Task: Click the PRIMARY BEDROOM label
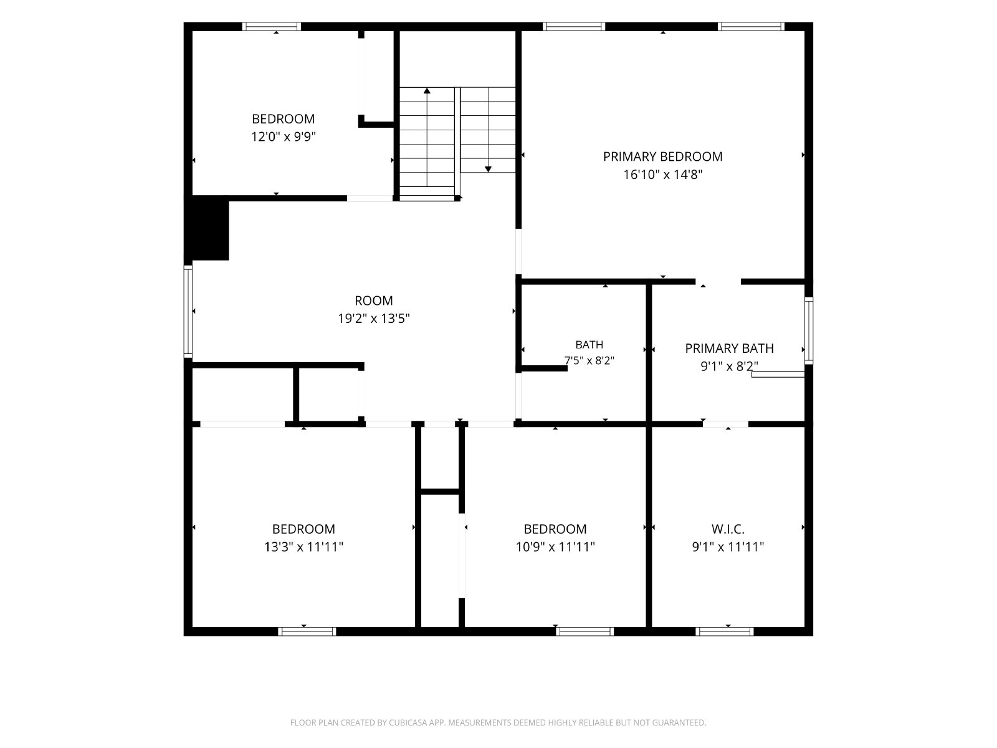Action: coord(663,156)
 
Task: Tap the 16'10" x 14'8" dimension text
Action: coord(663,175)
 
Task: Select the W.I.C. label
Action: coord(728,529)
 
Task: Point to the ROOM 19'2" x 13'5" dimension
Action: coord(374,319)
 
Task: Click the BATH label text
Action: coord(589,345)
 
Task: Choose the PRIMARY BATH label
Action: coord(729,348)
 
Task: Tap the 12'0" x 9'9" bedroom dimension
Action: coord(284,137)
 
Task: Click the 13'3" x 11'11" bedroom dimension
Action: coord(303,547)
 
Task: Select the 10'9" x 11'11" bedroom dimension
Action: coord(555,547)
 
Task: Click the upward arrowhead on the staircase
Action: coord(426,91)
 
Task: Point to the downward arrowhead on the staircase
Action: coord(488,169)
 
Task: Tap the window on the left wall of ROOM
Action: coord(188,311)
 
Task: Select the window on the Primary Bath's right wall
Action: coord(808,330)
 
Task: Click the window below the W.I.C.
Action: coord(724,631)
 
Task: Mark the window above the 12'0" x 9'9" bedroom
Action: coord(271,26)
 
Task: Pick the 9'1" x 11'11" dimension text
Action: coord(728,547)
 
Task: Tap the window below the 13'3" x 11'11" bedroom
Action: coord(307,631)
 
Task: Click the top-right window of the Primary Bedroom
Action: coord(751,26)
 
